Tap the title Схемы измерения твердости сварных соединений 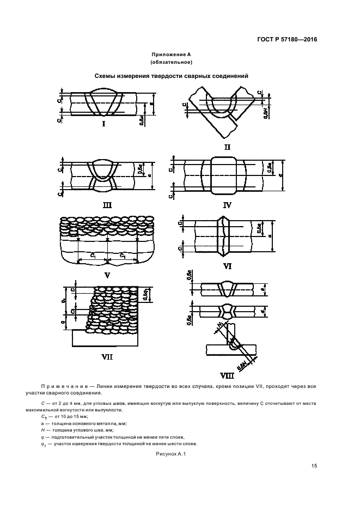tap(172, 76)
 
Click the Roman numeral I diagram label tap(103, 124)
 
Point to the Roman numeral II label tap(227, 147)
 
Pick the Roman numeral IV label tap(227, 205)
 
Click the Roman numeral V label tap(107, 275)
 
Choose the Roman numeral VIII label tap(227, 375)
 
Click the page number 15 tap(314, 465)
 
